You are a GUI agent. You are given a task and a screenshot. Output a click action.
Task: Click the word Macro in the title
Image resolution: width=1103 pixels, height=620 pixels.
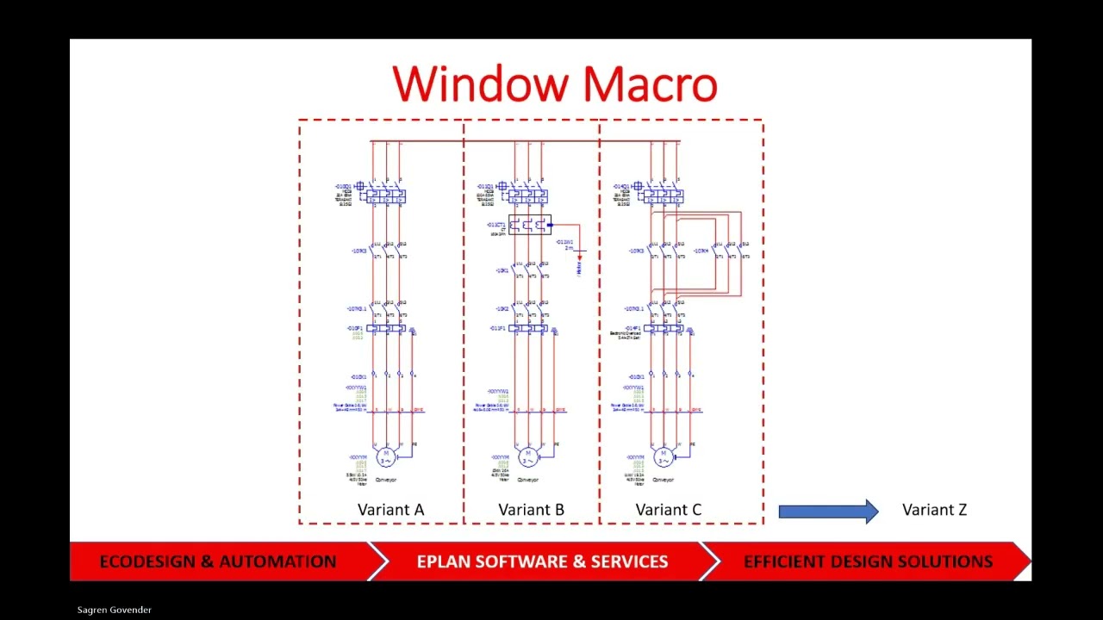[650, 85]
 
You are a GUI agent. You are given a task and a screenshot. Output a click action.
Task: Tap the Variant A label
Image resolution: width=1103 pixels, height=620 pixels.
[390, 510]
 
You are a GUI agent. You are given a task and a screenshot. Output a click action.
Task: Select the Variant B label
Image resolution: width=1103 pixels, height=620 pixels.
[531, 510]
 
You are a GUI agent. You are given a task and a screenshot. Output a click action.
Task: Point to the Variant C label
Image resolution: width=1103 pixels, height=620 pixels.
[668, 510]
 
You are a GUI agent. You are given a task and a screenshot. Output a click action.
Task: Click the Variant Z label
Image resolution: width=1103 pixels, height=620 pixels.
[934, 510]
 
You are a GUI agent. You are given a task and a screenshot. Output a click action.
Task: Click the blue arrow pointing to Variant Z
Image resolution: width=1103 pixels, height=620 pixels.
[827, 512]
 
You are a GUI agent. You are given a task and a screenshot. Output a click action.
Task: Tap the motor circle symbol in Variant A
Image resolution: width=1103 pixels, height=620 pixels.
[386, 456]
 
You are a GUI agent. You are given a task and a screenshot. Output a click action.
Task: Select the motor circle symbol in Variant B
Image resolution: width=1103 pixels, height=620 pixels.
[528, 456]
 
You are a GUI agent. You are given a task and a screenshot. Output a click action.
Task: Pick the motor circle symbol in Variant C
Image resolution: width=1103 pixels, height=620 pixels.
[663, 456]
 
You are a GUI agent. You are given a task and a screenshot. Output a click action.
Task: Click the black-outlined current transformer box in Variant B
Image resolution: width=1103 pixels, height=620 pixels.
[529, 226]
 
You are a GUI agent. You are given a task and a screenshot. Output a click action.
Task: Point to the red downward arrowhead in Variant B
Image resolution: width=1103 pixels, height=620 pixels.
[579, 257]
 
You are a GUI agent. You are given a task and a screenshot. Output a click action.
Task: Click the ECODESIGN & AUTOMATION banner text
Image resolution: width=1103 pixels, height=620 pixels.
[218, 561]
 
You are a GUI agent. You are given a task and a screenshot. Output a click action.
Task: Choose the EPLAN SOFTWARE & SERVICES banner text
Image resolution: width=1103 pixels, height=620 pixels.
[542, 561]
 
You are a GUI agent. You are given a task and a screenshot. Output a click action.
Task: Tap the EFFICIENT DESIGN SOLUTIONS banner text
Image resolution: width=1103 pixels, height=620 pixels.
[868, 561]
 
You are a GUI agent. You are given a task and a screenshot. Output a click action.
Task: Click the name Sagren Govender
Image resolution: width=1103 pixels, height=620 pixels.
[115, 610]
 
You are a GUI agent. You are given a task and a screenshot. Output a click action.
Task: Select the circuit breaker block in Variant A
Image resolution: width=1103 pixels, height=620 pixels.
[385, 196]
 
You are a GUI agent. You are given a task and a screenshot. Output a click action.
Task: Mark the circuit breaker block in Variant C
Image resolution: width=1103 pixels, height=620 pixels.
[663, 196]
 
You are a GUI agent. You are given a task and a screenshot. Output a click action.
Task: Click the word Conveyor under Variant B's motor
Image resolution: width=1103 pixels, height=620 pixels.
[529, 480]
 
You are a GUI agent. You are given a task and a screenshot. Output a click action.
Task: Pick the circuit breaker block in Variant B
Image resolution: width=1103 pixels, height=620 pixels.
[527, 196]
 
